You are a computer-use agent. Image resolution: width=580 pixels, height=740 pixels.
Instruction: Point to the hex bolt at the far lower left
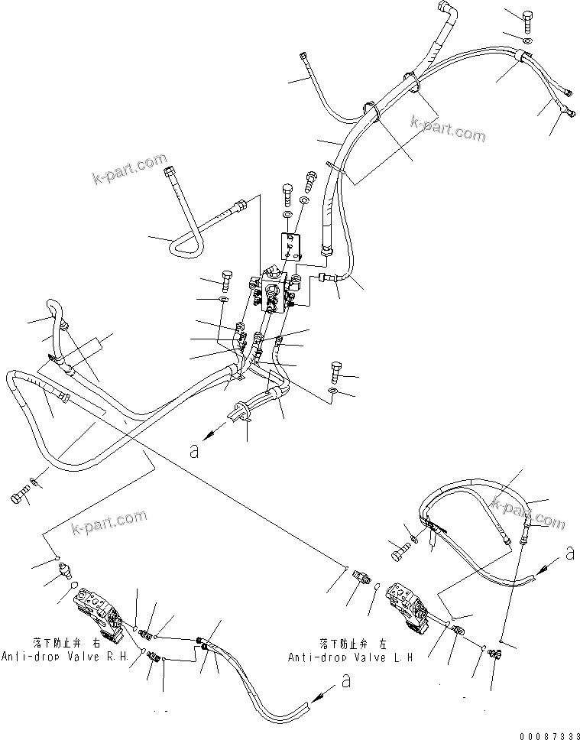coord(18,498)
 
